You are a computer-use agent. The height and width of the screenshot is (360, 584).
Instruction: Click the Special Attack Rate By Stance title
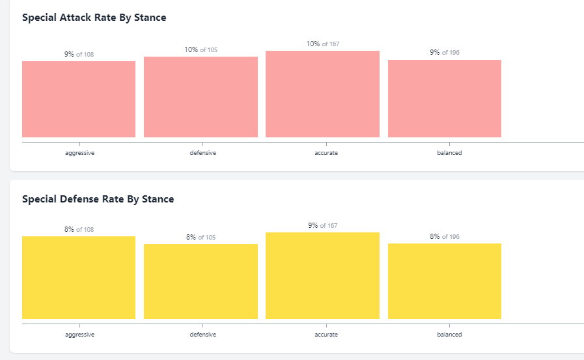(x=94, y=18)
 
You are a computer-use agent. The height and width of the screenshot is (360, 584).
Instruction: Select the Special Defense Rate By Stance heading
(x=98, y=199)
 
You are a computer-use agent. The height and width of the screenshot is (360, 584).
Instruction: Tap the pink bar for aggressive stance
(x=79, y=99)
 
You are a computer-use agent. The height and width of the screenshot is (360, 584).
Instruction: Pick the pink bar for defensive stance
(x=201, y=97)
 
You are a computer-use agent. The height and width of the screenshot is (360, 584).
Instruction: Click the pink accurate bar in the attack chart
(x=322, y=94)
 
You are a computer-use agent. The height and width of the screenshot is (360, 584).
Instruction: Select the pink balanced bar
(x=445, y=98)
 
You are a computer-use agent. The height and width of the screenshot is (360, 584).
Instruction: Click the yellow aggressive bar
(x=79, y=277)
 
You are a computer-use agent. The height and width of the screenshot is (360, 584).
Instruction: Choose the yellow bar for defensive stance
(x=201, y=281)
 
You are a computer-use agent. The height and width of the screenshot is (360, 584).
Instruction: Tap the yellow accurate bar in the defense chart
(x=322, y=275)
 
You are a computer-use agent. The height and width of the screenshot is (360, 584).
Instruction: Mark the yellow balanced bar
(x=445, y=281)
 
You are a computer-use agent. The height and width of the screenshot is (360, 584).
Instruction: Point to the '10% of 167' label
(x=322, y=44)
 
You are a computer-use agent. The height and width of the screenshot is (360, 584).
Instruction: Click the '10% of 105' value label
(x=201, y=49)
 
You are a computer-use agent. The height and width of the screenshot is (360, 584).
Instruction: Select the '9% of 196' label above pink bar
(x=445, y=53)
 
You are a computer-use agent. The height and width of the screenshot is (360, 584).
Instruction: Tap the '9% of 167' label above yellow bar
(x=322, y=226)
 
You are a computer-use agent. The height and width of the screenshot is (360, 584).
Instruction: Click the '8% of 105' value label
(x=201, y=238)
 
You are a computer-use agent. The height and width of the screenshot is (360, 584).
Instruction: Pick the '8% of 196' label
(x=445, y=237)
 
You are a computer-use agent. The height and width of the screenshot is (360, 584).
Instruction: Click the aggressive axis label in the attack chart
(x=79, y=153)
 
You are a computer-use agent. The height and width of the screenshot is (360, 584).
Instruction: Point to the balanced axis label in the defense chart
(x=449, y=335)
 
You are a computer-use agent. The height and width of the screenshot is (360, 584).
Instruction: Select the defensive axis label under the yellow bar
(x=203, y=335)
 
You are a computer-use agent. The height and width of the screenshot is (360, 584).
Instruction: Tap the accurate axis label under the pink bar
(x=326, y=153)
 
